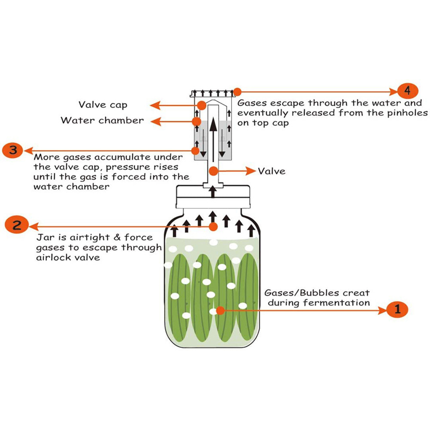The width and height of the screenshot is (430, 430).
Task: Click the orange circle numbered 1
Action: coord(397,310)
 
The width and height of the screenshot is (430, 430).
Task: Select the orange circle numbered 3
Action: coord(12,150)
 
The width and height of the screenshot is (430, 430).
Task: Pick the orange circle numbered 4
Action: coord(408,91)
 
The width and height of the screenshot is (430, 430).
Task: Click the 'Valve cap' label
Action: coord(103,105)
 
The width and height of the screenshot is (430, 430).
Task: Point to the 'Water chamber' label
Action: coord(102,120)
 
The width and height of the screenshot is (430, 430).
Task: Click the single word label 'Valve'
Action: coord(271,171)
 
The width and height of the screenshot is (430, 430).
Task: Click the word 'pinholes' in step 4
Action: coord(407,113)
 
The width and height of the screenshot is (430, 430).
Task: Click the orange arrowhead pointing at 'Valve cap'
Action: coord(155,105)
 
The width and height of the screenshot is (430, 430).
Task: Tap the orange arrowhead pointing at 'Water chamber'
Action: coord(156,122)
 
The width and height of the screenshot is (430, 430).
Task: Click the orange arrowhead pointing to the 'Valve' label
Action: coord(251,171)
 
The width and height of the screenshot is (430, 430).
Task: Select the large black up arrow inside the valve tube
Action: coord(213,140)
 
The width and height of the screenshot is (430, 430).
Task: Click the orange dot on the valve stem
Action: coord(213,171)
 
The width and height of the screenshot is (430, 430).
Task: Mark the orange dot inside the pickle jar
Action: coord(220,311)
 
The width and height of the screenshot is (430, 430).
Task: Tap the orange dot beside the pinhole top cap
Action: coord(237,91)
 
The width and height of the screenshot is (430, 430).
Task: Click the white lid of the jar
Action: coord(213,197)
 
